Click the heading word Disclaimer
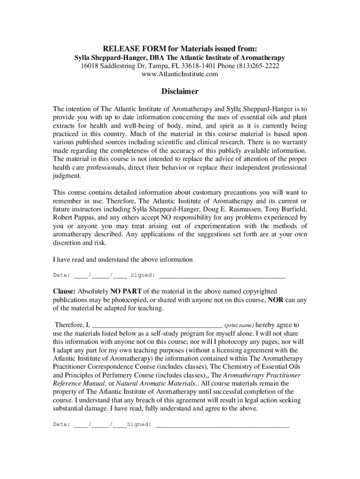pos(180,91)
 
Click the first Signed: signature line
pos(222,276)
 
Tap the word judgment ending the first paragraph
pos(67,176)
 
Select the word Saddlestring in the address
pos(119,66)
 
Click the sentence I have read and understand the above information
pos(122,259)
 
